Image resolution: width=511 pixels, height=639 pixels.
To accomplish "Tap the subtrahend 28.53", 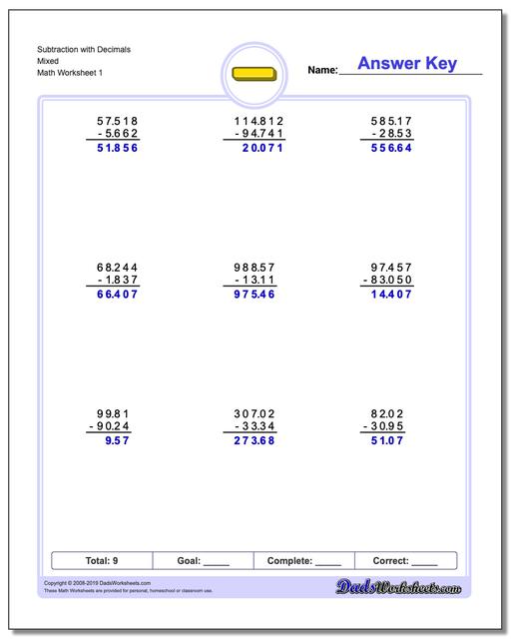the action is pos(391,133).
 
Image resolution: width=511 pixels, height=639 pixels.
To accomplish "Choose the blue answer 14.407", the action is pos(391,295).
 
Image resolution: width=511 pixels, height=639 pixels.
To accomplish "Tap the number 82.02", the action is pos(391,413).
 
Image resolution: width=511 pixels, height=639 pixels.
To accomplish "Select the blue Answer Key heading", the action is pos(406,64).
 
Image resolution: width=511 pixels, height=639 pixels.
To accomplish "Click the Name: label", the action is pos(321,71).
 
